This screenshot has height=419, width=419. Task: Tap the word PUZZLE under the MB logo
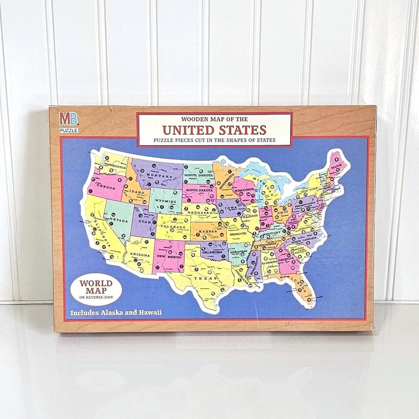69,130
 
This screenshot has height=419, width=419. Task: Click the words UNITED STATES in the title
214,130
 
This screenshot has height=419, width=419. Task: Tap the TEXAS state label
201,278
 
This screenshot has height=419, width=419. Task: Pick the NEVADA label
119,220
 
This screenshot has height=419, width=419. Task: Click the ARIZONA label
140,255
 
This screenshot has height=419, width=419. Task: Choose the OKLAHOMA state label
213,252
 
